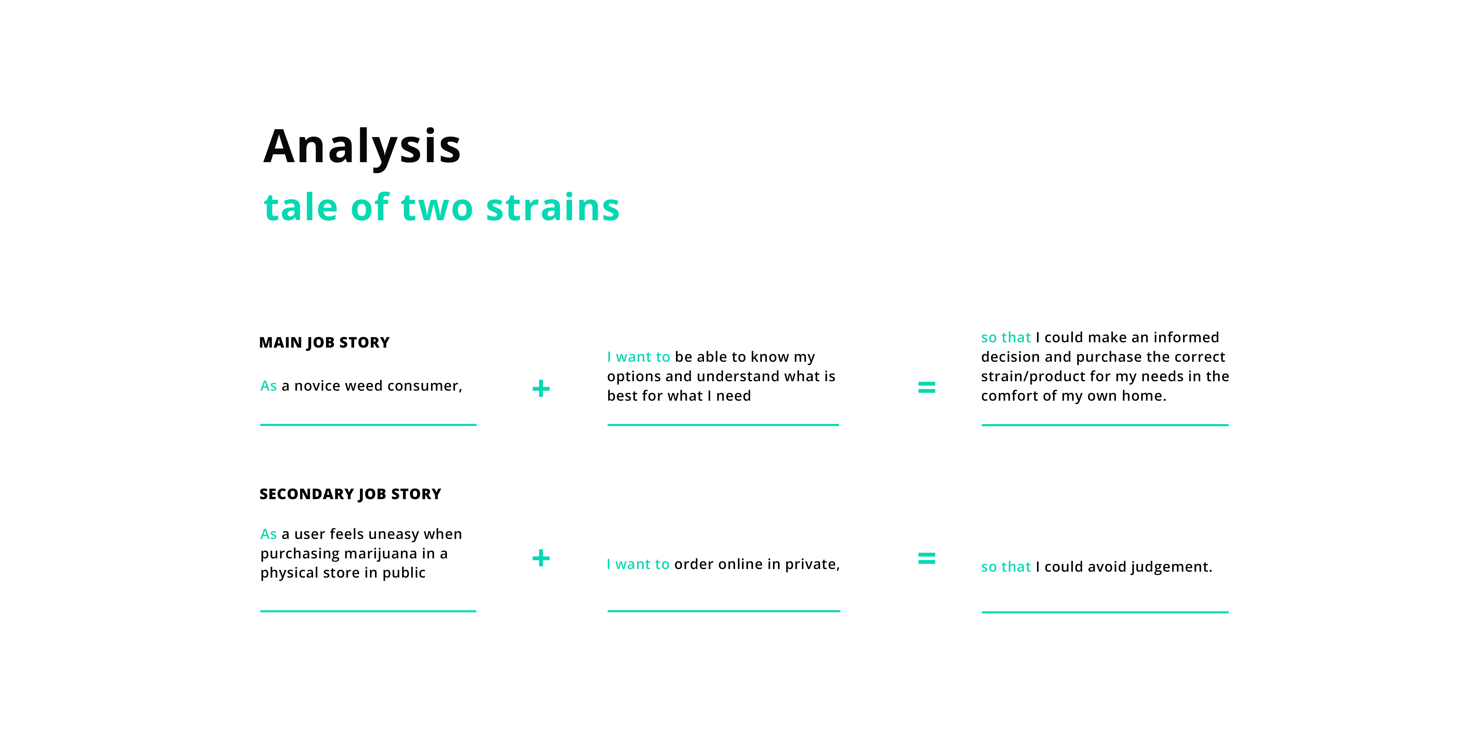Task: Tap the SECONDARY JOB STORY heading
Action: pos(350,494)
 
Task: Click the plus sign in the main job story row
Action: pos(541,389)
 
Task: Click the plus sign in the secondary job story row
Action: pos(541,558)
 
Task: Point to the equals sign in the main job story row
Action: pos(926,387)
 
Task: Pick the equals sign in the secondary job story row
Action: pos(926,558)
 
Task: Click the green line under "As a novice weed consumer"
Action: pos(368,425)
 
